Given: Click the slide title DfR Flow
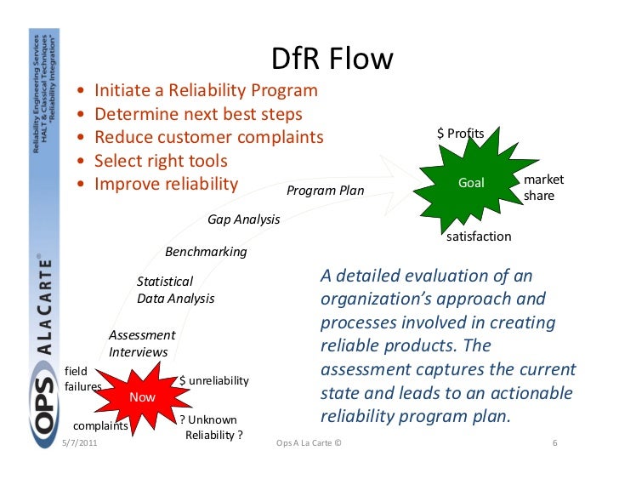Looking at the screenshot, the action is tap(332, 59).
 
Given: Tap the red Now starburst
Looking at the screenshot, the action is tap(142, 397).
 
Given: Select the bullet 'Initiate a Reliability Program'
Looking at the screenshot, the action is tap(206, 90).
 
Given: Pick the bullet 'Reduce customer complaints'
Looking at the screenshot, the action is tap(209, 137).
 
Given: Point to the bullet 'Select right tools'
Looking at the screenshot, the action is tap(161, 161).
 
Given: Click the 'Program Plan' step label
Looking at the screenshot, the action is tap(325, 191).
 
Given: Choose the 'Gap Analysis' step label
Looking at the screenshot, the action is tap(243, 220).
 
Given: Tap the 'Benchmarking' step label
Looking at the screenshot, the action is tap(206, 252).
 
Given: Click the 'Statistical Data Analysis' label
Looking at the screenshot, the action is tap(175, 290).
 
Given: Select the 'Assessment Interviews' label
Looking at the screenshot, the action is tap(142, 344).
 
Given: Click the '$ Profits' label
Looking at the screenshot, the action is tap(461, 133).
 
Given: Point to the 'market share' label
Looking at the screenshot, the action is tap(543, 188).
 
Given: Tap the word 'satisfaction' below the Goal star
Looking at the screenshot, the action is tap(479, 237).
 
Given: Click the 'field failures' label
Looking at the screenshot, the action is tap(82, 379).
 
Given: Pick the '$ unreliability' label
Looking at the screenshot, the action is tap(213, 380).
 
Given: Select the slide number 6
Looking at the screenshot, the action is tap(554, 444).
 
